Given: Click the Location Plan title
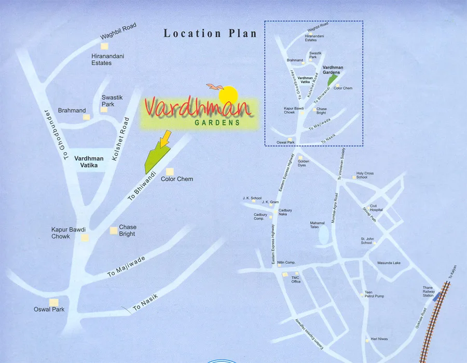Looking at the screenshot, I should coord(210,34).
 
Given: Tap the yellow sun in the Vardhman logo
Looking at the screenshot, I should coord(228,95).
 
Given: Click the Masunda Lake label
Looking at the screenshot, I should coord(389,263).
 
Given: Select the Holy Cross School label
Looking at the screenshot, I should coord(365,175).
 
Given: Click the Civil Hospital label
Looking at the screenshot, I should coord(376,208).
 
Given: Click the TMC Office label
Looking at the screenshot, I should coord(296,279).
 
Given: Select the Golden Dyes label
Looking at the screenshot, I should coord(304,163).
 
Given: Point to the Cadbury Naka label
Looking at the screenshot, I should coord(285,212).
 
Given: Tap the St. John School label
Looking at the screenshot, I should coord(367,241).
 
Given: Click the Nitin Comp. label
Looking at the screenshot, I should coord(286,263).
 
